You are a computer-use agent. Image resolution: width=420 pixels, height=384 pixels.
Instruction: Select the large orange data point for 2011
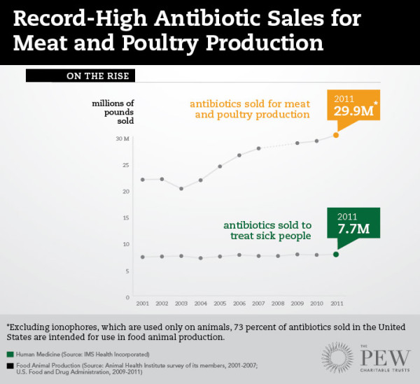click(x=336, y=135)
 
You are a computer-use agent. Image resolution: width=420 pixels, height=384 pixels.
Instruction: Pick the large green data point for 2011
click(x=336, y=254)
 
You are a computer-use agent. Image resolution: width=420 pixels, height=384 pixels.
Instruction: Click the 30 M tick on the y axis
click(x=122, y=138)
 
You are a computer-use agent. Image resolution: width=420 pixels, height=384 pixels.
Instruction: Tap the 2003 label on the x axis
click(x=181, y=304)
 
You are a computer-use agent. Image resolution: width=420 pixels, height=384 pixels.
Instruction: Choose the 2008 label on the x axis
click(x=278, y=304)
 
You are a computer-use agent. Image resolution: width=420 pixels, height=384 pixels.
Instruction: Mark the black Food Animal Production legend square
click(x=10, y=367)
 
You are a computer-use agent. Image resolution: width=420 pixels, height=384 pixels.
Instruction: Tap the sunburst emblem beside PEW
click(x=340, y=359)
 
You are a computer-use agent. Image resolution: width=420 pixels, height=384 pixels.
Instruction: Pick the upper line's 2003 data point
click(x=181, y=188)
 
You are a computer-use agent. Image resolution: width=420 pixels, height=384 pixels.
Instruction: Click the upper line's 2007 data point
click(x=258, y=148)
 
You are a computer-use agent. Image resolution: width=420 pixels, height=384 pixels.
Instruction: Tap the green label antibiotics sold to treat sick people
click(x=267, y=231)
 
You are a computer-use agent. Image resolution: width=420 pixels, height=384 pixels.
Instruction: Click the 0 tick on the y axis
click(x=127, y=297)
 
